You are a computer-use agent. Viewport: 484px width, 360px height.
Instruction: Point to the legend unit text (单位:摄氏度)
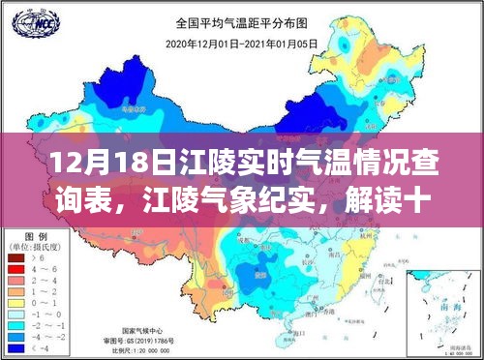click(x=37, y=247)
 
